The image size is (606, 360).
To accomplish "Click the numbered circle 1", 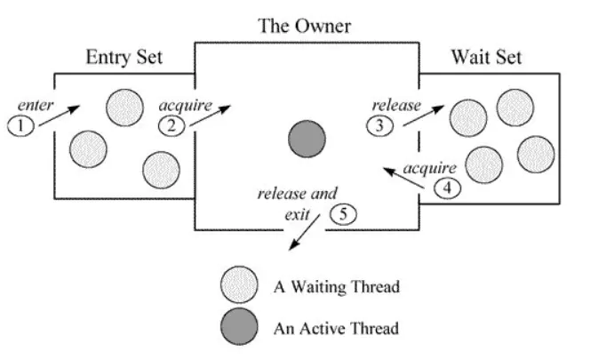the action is tap(20, 126).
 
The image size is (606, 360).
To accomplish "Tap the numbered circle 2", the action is tap(171, 125).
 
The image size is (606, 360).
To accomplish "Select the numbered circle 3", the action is tap(379, 125).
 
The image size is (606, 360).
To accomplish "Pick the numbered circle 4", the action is tap(447, 188).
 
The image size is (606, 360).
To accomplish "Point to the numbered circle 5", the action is tap(343, 214).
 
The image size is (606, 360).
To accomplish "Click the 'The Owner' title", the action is tap(304, 26).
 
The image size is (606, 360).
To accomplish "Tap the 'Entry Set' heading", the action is tap(124, 57).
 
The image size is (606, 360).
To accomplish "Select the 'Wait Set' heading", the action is tap(487, 57).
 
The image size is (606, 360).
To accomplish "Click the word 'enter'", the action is tap(36, 105).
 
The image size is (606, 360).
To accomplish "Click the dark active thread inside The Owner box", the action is tap(307, 139).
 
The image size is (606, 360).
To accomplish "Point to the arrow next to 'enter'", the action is tap(60, 116).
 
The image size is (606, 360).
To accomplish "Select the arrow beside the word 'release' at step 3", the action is tap(424, 116).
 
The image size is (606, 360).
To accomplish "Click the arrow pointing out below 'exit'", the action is tap(305, 232).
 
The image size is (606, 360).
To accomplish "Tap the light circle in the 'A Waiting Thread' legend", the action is tap(239, 284).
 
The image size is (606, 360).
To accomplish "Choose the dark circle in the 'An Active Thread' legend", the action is tap(239, 327).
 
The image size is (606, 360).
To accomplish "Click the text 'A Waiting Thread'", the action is tap(337, 287).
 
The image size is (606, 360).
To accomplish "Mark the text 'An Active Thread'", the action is tap(336, 329).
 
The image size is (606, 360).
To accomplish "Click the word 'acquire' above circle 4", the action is tap(430, 169).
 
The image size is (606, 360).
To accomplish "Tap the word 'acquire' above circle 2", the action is tap(186, 106).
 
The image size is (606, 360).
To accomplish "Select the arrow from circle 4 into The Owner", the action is tap(403, 178).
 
